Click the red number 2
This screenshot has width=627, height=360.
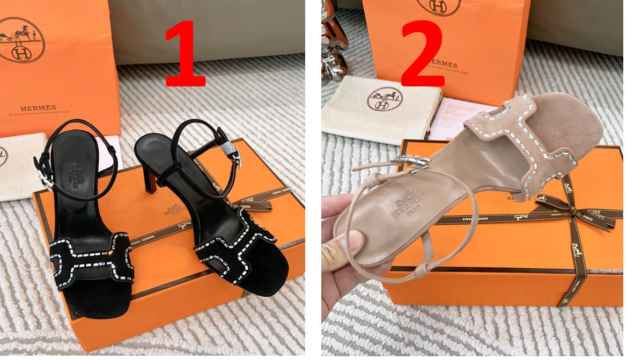tap(422, 54)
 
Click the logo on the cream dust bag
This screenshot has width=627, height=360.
tap(386, 99)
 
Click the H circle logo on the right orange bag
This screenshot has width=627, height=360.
tap(438, 6)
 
